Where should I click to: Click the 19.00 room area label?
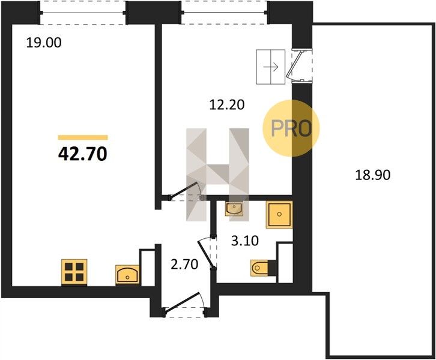click(x=44, y=43)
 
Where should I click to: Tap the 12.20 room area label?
click(x=226, y=105)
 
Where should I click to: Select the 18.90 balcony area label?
click(x=372, y=175)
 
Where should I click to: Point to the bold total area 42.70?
click(x=83, y=154)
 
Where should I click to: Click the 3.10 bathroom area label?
click(x=244, y=241)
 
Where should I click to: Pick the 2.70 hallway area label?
click(x=184, y=264)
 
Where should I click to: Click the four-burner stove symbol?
click(x=74, y=272)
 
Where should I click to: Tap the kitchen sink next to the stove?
click(x=127, y=274)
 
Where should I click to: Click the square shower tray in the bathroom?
click(x=279, y=214)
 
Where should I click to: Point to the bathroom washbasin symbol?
click(x=234, y=208)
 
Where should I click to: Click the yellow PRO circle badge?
click(x=291, y=128)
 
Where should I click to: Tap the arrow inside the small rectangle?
click(x=271, y=67)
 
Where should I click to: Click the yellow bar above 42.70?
click(x=83, y=137)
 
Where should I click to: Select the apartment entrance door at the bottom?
click(x=184, y=304)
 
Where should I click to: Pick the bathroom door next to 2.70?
click(x=207, y=253)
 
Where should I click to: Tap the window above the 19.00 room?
click(x=83, y=13)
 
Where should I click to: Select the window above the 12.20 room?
click(x=225, y=13)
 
